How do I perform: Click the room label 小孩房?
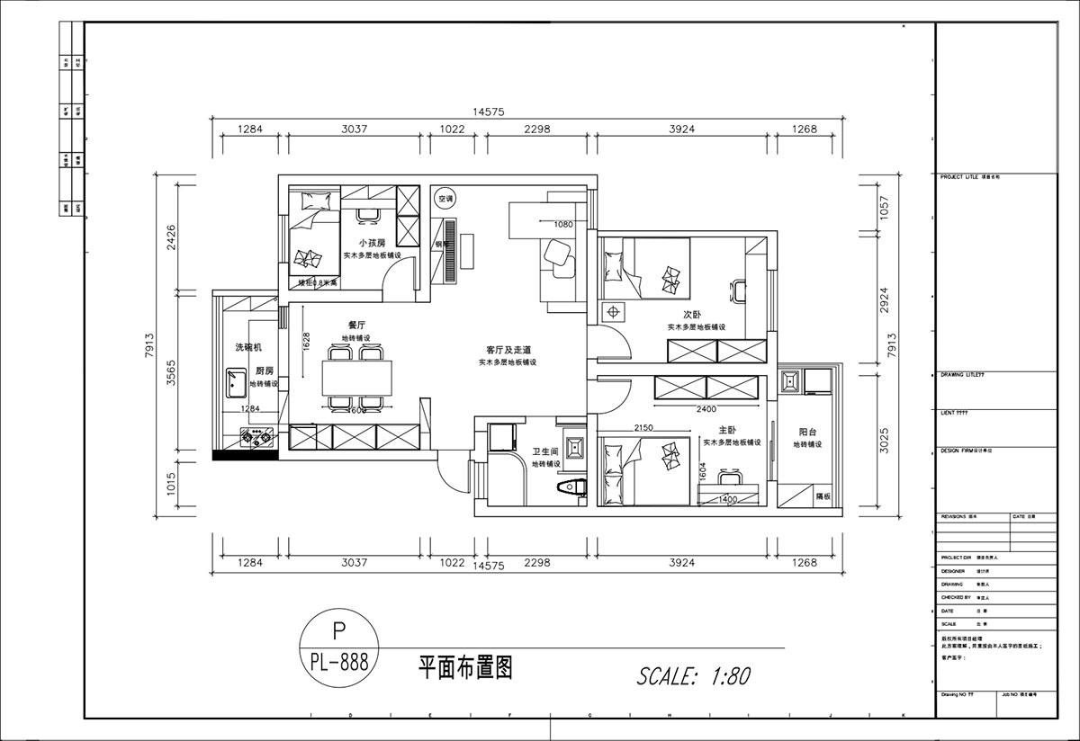click(372, 243)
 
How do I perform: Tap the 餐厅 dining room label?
click(355, 325)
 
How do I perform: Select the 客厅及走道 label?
click(507, 349)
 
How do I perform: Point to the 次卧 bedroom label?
click(692, 315)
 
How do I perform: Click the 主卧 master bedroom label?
click(729, 430)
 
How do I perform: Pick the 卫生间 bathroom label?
click(545, 451)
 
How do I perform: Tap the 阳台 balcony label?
click(807, 432)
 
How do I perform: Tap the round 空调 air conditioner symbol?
click(445, 199)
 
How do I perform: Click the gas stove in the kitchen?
click(256, 439)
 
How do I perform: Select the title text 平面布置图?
click(465, 667)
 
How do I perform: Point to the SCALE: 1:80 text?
click(693, 675)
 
